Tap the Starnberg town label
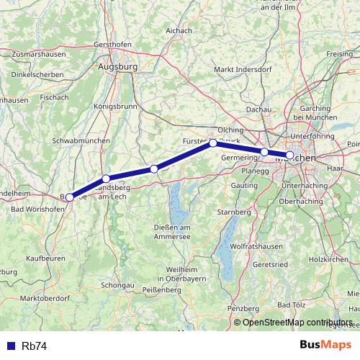click(233, 213)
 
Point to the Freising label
click(339, 54)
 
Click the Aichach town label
click(179, 32)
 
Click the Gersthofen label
click(111, 44)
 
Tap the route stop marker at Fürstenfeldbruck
click(213, 143)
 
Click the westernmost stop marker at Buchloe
click(69, 197)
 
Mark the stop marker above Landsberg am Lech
click(106, 179)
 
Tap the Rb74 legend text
click(34, 346)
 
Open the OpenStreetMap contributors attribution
click(297, 323)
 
